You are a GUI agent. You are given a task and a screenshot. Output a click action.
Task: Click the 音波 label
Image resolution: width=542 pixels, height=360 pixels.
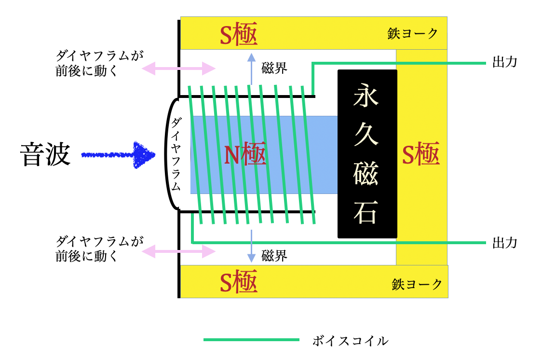point(45,154)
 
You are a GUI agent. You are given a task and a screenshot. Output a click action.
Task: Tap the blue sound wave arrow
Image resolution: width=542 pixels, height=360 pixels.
point(118,155)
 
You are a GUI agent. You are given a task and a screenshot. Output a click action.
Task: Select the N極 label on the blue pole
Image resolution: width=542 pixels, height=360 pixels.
point(245,154)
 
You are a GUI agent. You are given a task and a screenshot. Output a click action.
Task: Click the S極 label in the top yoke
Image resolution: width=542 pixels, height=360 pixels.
point(239,34)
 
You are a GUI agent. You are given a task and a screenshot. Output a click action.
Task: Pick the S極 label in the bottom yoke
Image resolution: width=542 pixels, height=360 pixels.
point(239,281)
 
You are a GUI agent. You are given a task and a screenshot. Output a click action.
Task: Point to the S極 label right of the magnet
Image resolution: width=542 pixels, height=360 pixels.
point(421,154)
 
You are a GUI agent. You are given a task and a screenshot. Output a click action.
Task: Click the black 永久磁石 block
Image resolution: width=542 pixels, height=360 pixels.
point(367,154)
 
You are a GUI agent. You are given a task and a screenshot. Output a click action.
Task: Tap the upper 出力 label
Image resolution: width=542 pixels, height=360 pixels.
point(505,62)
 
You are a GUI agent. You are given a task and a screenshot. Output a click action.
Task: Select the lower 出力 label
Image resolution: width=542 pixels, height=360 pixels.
point(505,243)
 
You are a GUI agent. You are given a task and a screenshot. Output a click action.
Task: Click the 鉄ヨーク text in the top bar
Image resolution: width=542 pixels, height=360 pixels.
point(413,34)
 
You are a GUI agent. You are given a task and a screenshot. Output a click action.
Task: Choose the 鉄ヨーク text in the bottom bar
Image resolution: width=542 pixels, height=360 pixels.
point(417,284)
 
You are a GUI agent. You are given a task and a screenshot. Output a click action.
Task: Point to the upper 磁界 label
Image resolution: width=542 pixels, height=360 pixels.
point(274,68)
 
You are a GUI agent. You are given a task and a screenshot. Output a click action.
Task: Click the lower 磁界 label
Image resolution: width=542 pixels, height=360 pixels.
point(274,256)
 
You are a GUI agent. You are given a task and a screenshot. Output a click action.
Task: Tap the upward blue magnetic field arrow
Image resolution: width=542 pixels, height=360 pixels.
point(251,69)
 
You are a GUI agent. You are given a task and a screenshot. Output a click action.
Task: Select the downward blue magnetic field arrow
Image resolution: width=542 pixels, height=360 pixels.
point(251,246)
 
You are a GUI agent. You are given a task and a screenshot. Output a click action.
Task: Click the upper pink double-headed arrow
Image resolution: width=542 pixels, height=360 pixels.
point(179,69)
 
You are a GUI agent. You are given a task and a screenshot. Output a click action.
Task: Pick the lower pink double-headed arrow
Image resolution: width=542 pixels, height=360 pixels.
point(179,251)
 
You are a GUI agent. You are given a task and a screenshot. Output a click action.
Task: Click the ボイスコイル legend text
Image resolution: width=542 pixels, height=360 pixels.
point(351,341)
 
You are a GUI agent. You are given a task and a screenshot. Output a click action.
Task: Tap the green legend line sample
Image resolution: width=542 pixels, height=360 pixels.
point(251,340)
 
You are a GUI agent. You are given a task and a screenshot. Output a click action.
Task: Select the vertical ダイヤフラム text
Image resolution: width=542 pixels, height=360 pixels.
point(176,154)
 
